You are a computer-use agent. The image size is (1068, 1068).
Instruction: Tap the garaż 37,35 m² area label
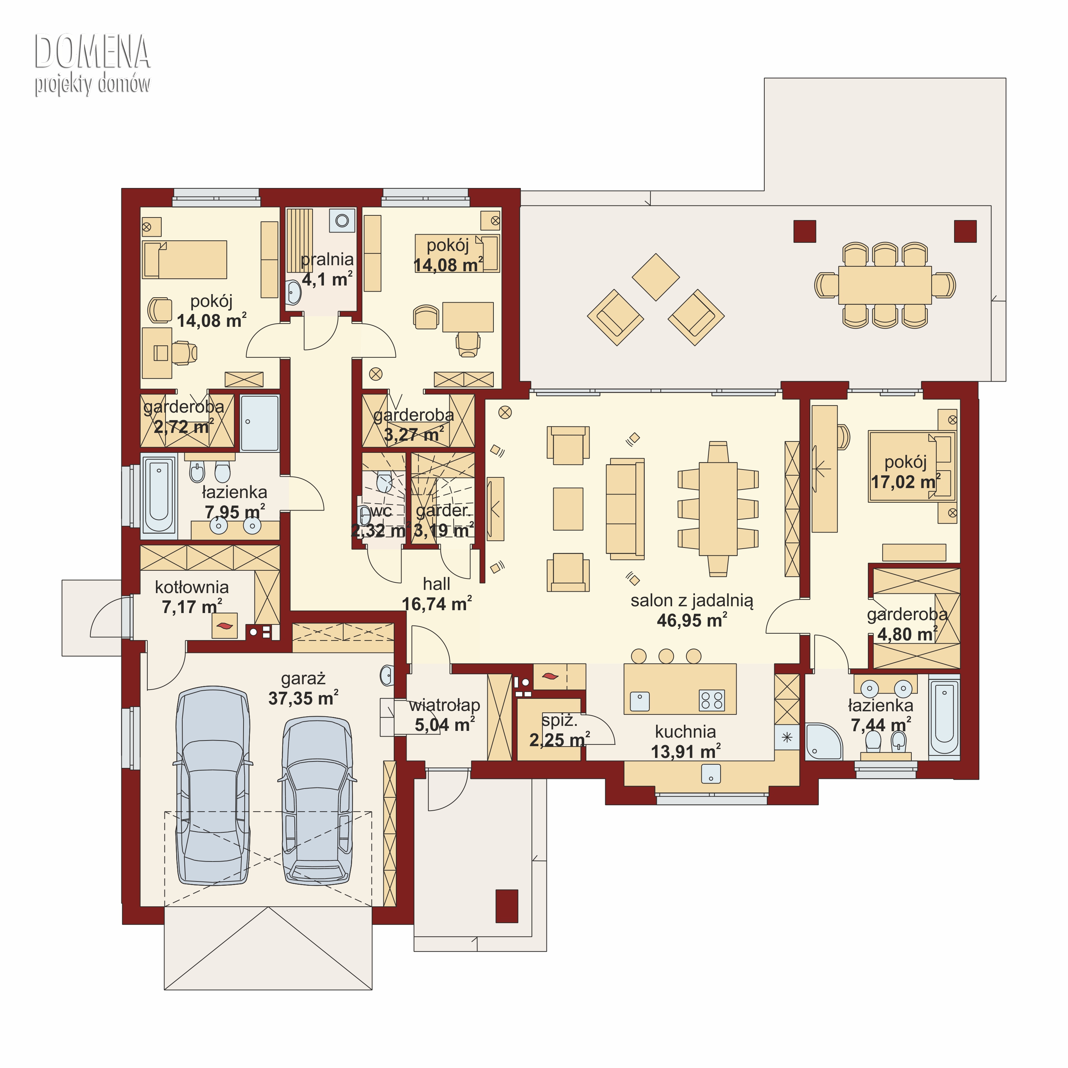tap(303, 688)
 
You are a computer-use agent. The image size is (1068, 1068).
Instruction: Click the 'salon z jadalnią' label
tap(692, 600)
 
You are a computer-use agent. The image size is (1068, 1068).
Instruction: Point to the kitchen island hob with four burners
tap(711, 700)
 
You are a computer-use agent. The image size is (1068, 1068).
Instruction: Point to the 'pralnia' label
tap(327, 259)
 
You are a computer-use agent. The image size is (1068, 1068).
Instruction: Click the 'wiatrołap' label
tap(444, 705)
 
